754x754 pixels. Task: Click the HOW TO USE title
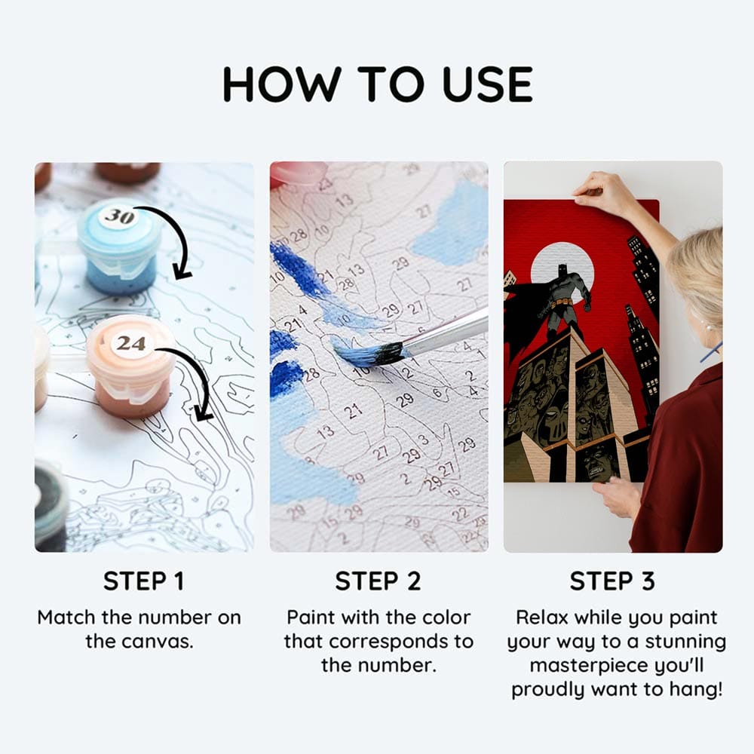point(378,84)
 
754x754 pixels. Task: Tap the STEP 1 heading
point(144,581)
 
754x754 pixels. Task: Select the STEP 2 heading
point(378,581)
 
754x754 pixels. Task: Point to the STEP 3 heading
point(612,581)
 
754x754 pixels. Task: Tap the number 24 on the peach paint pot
point(130,343)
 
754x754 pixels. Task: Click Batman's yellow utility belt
point(562,302)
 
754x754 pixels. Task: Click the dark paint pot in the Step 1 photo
point(50,505)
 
